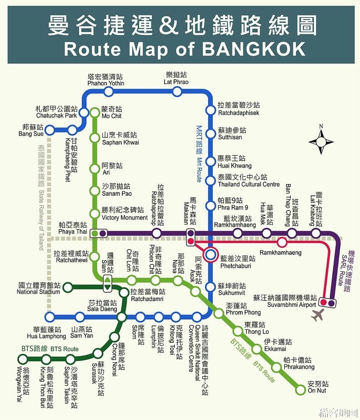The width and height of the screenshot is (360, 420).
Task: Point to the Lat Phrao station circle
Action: [177, 92]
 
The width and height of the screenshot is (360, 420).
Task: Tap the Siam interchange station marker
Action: [107, 283]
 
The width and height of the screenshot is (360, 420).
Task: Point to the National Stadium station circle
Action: [68, 287]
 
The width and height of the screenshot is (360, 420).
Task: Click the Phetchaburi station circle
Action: [211, 255]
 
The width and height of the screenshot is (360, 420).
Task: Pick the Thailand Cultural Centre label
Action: [248, 181]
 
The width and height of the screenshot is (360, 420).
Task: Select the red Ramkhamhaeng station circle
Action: [282, 243]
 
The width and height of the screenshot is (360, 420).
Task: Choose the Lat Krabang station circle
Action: [316, 233]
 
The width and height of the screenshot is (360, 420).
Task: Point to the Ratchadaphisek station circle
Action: [211, 110]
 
